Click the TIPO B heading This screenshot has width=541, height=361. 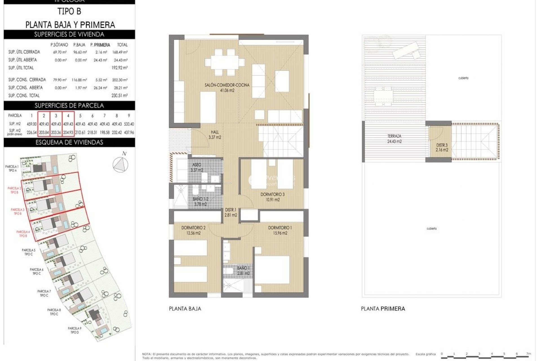point(69,12)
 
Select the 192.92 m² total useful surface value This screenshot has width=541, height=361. point(119,68)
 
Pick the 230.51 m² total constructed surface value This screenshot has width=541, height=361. point(119,96)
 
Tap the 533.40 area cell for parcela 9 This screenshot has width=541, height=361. point(129,124)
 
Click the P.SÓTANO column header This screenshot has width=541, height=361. point(59,45)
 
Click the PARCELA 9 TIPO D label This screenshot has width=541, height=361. point(74,330)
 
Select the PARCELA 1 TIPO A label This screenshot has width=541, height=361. point(12,168)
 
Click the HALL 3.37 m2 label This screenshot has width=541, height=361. point(215,135)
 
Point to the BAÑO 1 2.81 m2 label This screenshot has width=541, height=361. point(243,270)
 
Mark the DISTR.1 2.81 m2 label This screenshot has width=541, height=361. point(230,212)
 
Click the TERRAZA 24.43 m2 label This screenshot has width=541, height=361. point(394,138)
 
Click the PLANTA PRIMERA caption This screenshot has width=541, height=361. point(383,309)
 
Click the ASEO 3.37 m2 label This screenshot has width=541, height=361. point(197,167)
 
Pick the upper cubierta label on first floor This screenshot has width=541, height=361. point(463,78)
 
